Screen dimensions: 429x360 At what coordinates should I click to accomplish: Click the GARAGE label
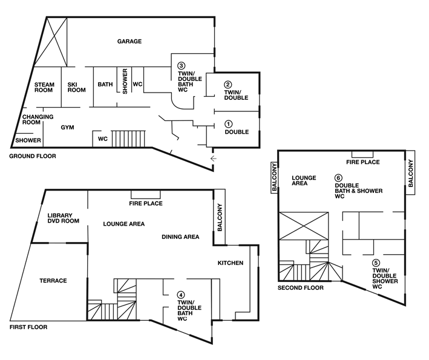click(129, 41)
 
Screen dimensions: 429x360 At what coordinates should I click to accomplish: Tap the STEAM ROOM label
click(44, 87)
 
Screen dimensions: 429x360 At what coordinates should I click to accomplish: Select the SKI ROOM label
click(76, 87)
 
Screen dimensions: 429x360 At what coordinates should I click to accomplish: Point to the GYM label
click(67, 128)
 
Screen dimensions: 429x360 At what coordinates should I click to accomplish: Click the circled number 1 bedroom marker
click(228, 124)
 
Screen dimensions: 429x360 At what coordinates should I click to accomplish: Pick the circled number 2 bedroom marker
click(228, 85)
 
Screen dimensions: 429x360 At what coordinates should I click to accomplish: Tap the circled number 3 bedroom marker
click(181, 66)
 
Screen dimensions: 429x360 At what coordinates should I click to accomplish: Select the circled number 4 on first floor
click(181, 295)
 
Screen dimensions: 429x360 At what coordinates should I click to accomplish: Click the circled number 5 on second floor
click(376, 263)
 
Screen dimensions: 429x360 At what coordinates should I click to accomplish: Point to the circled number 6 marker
click(338, 178)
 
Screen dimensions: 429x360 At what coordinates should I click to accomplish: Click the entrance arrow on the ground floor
click(214, 159)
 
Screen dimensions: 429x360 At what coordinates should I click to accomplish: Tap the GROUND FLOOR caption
click(33, 156)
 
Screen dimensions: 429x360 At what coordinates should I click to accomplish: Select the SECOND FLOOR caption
click(300, 288)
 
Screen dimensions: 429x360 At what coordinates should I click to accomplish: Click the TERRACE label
click(53, 281)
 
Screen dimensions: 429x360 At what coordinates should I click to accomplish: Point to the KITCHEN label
click(231, 263)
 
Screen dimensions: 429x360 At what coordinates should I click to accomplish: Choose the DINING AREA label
click(180, 237)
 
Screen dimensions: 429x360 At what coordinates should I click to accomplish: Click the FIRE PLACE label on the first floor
click(146, 203)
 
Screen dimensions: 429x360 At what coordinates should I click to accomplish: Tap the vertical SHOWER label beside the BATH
click(125, 81)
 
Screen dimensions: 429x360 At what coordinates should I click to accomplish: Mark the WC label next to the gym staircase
click(103, 139)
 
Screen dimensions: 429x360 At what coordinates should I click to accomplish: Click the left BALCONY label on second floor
click(275, 177)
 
